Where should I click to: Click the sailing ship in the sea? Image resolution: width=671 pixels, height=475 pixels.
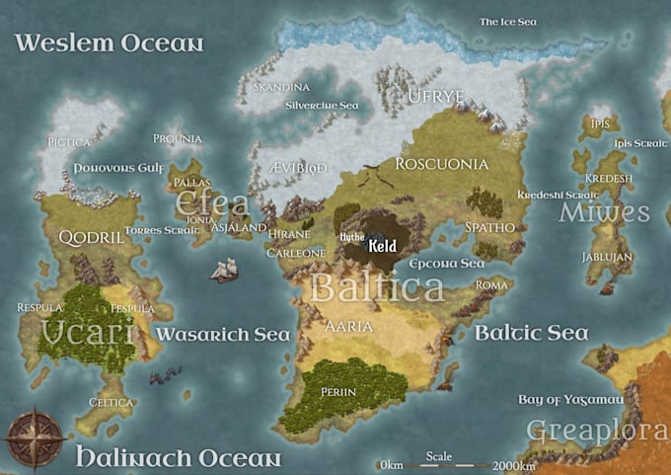pos(224,269)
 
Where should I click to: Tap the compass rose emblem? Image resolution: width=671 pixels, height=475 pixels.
pos(36,435)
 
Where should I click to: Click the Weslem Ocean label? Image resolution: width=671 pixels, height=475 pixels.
pos(109,43)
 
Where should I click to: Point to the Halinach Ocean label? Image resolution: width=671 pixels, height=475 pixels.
pos(179,458)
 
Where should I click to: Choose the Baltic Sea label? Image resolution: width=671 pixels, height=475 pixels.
pos(532,332)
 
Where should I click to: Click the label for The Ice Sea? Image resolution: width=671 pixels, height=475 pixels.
pos(508,21)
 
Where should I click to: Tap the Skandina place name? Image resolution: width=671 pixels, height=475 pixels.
pos(281,87)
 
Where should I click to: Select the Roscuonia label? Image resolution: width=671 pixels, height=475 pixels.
pos(441,164)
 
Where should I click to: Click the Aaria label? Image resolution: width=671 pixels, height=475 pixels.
pos(348,326)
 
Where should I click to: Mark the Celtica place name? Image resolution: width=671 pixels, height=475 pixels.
pos(111,402)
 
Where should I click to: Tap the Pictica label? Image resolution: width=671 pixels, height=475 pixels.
pos(69,142)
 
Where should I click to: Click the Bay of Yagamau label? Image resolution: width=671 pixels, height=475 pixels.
pos(570,399)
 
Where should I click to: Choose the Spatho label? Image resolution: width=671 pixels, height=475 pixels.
pos(490,227)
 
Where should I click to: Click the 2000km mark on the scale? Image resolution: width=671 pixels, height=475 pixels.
pos(513,464)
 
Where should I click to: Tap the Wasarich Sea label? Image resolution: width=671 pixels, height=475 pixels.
pos(223,335)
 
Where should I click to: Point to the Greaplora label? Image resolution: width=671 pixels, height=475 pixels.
pos(598,431)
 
